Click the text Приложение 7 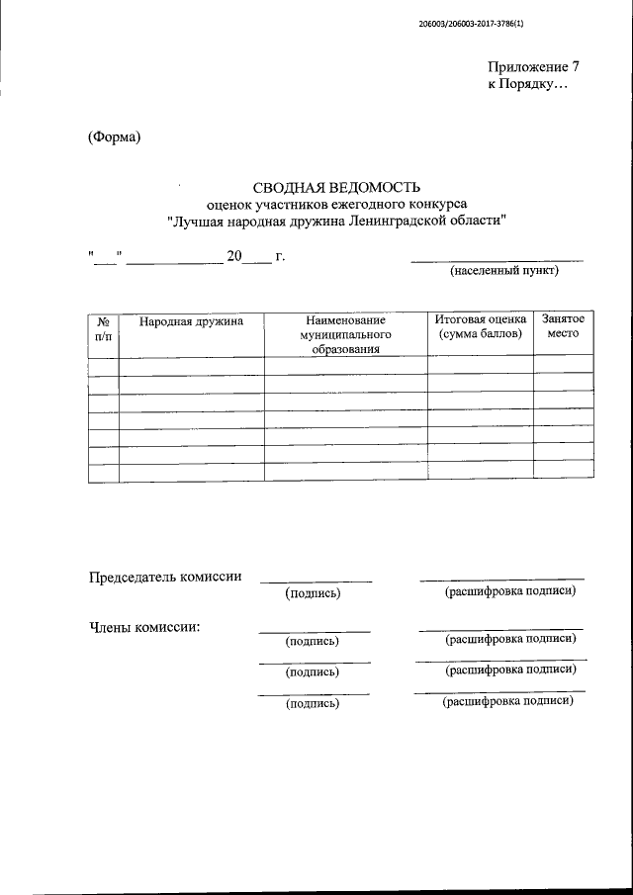tap(532, 67)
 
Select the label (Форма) tap(115, 136)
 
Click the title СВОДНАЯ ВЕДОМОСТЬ tap(337, 186)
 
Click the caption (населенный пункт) tap(504, 270)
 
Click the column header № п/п tap(104, 329)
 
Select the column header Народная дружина tap(191, 321)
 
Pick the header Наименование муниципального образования tap(345, 335)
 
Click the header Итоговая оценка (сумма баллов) tap(480, 328)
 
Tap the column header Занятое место tap(563, 328)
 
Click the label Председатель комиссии tap(166, 578)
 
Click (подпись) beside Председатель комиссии tap(313, 593)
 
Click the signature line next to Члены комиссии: tap(315, 630)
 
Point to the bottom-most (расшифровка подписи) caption tap(508, 702)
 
